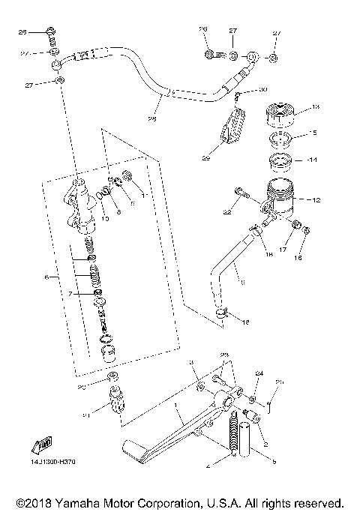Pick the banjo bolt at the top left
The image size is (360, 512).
tap(50, 32)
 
